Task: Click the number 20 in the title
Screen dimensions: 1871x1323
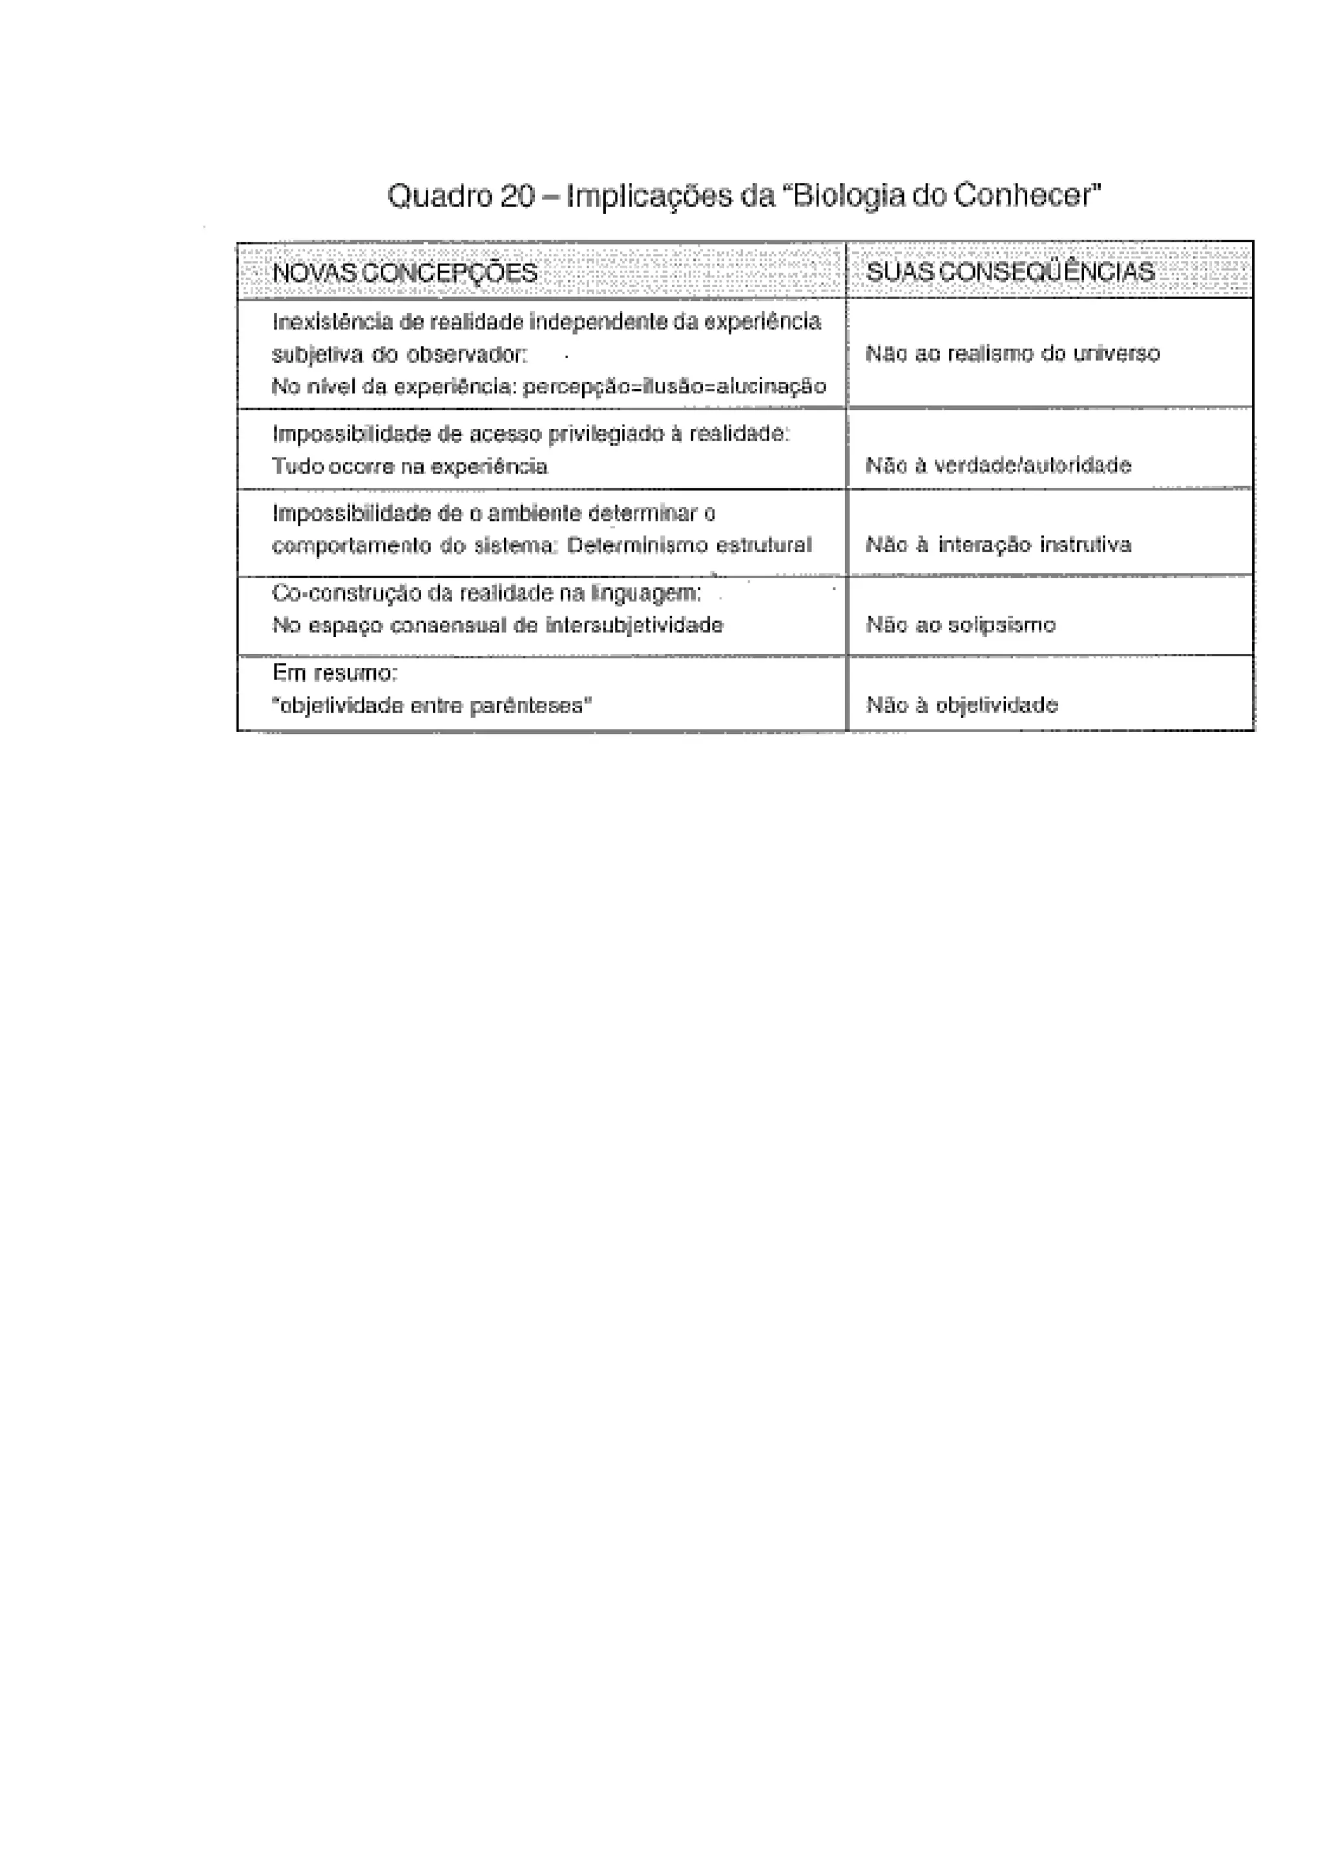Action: [517, 196]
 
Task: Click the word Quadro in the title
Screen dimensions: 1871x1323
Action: [440, 196]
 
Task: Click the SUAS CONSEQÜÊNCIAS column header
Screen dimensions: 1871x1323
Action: [1010, 271]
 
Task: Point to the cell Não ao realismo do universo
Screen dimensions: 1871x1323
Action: [1013, 353]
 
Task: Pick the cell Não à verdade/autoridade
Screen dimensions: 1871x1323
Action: [999, 465]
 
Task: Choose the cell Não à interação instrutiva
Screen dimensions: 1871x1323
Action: [999, 545]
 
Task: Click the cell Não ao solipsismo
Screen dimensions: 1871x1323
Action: [961, 625]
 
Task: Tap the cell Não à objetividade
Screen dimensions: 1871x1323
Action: [962, 705]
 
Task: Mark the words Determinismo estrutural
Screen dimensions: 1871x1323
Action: [689, 545]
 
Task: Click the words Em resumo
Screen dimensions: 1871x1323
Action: [335, 673]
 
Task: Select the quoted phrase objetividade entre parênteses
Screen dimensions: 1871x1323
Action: [432, 705]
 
